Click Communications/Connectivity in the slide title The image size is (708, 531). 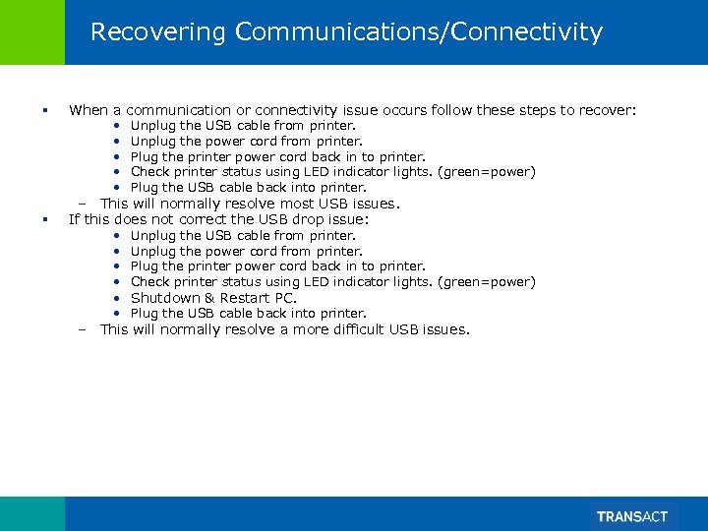[419, 32]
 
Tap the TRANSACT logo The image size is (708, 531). [632, 516]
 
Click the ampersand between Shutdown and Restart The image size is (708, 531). [209, 298]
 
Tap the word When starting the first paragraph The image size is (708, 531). [88, 110]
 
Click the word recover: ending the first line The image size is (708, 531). [607, 110]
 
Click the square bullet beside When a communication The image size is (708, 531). [45, 110]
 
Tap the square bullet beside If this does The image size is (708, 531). [45, 219]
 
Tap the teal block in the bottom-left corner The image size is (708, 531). [32, 513]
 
